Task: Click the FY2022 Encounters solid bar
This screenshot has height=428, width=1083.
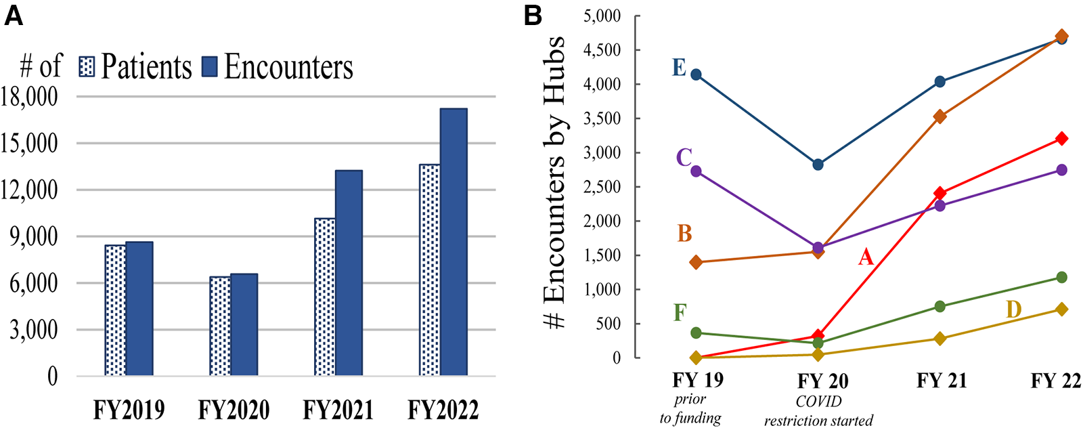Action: (453, 242)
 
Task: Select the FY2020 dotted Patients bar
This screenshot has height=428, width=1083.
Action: (219, 326)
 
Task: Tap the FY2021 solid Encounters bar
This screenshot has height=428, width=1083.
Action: (349, 273)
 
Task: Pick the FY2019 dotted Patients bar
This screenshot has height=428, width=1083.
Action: (115, 310)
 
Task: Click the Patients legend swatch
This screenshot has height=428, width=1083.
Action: (87, 66)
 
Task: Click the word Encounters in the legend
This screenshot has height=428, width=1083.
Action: (288, 66)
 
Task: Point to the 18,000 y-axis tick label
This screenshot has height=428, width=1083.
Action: (30, 97)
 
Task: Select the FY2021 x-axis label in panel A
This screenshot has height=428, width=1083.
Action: (338, 410)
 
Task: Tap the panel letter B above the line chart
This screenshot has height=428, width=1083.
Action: (533, 15)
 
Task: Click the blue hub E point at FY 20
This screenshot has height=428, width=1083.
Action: (818, 165)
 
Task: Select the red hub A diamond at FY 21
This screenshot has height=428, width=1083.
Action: (940, 194)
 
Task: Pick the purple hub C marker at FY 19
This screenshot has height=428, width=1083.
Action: (696, 171)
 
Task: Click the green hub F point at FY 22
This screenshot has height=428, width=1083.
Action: (1061, 277)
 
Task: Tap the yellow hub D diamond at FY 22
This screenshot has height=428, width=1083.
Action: (1061, 309)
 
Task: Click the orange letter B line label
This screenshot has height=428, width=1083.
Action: (684, 234)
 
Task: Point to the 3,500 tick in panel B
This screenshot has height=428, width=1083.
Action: (602, 119)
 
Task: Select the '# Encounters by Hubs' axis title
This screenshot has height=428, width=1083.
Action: (554, 183)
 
